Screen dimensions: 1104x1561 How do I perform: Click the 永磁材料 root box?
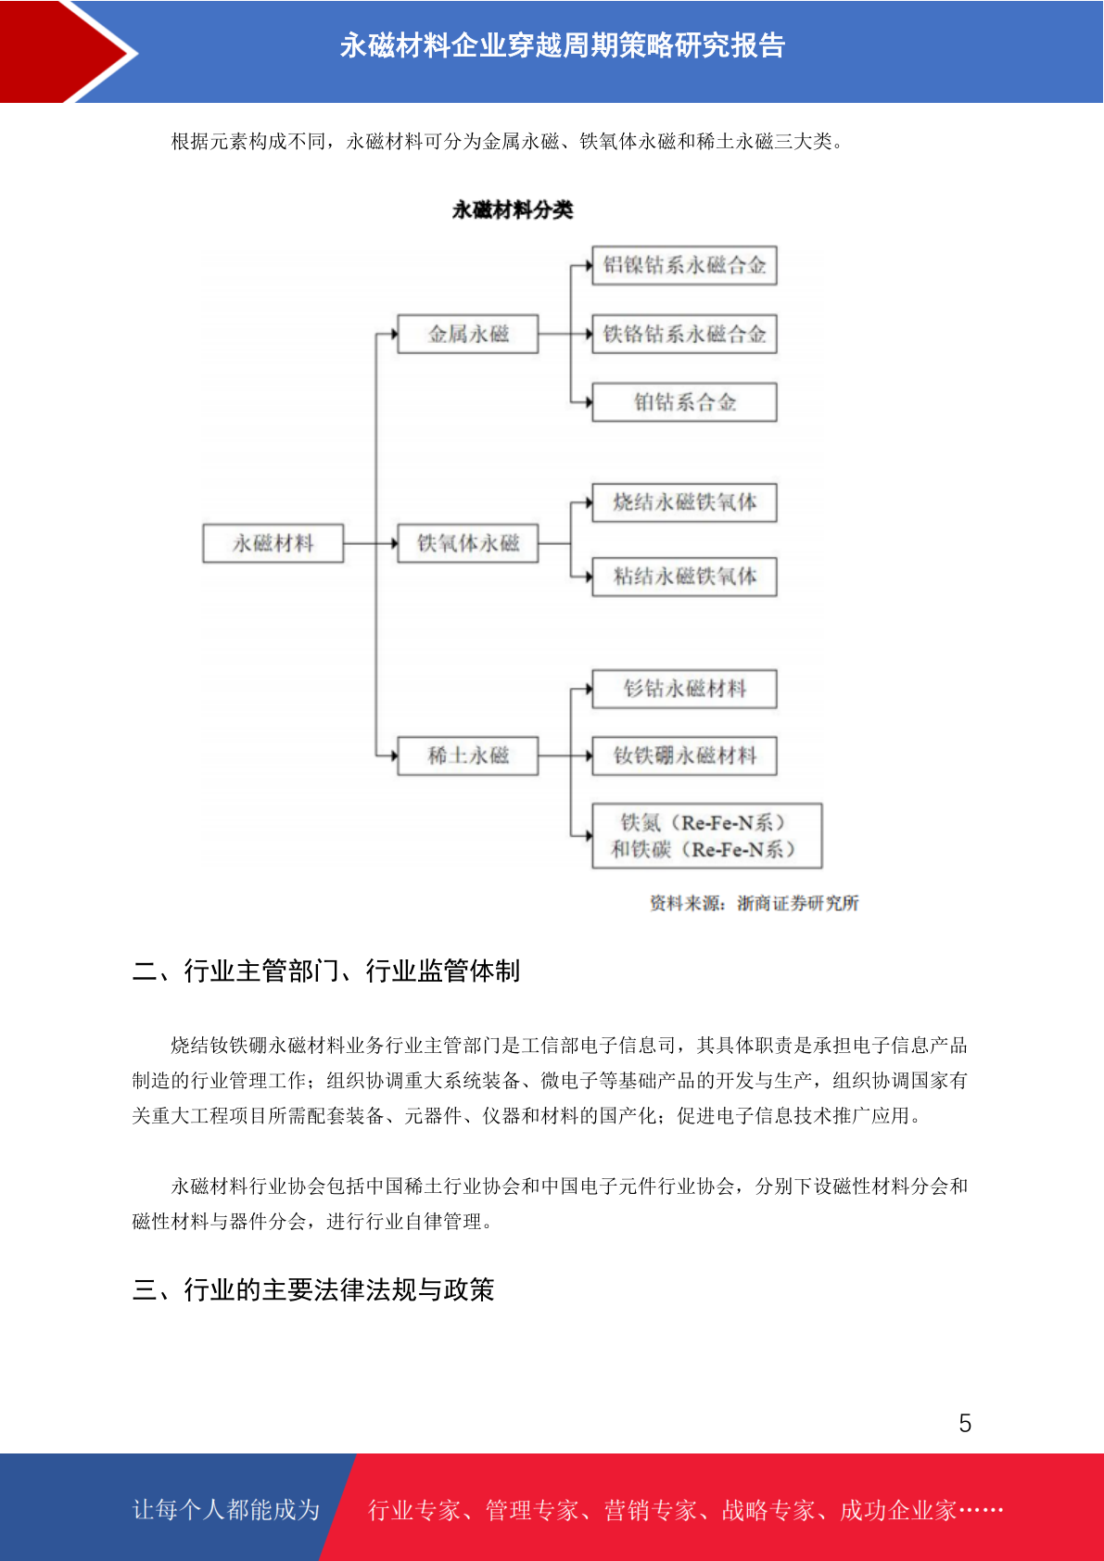(273, 543)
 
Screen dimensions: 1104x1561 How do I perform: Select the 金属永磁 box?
(468, 334)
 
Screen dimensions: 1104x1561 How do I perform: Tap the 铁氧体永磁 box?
(468, 543)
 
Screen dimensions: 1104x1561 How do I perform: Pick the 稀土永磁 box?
(468, 755)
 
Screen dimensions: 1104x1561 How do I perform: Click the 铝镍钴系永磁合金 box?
(684, 265)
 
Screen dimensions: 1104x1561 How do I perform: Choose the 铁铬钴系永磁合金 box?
(684, 334)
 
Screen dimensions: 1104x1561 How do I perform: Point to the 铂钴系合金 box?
(684, 402)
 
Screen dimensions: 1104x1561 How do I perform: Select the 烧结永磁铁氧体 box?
(684, 502)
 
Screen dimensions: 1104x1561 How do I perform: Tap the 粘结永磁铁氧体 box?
(684, 577)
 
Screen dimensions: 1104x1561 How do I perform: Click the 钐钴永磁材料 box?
(684, 689)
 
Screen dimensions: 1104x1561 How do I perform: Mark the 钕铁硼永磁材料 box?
(684, 755)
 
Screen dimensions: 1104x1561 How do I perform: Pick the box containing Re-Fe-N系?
(706, 835)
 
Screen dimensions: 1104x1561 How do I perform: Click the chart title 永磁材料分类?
(513, 209)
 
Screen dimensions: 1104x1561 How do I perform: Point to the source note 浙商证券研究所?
(798, 903)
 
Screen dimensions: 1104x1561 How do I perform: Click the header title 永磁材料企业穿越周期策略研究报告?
(563, 46)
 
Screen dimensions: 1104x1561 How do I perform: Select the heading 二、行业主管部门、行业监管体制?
(326, 971)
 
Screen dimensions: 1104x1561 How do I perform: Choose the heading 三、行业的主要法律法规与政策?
(313, 1290)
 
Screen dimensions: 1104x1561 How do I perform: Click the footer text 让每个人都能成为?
(226, 1509)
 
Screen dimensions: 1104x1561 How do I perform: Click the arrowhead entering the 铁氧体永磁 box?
(394, 543)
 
